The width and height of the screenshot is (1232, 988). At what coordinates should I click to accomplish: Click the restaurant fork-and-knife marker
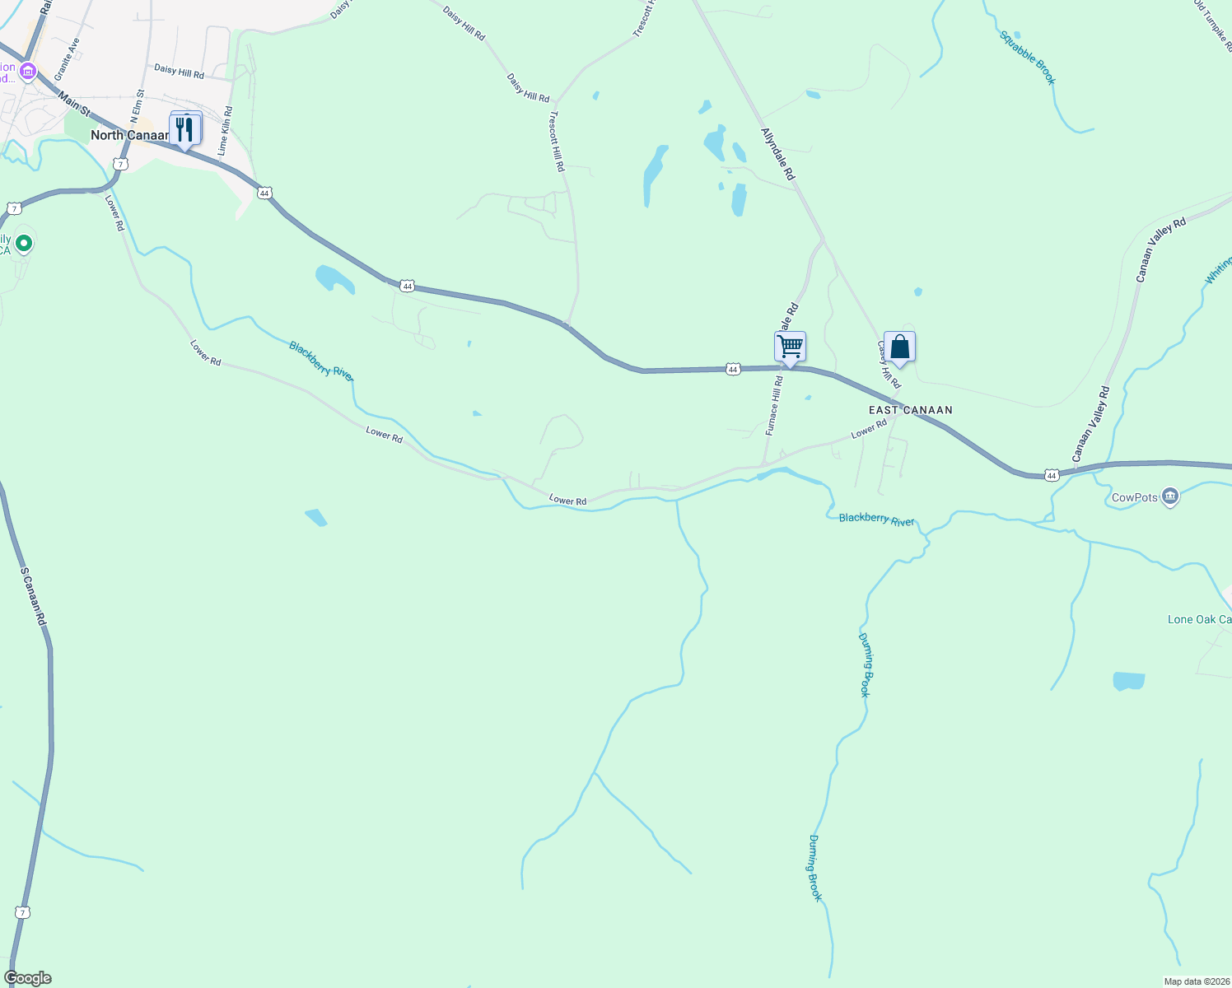pos(184,129)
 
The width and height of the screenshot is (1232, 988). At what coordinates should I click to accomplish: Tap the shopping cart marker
pos(790,347)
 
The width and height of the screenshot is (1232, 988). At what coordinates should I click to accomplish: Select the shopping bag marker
pos(899,347)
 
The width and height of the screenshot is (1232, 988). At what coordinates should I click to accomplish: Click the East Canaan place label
pos(910,410)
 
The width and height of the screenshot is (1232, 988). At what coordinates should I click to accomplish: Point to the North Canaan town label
pos(129,135)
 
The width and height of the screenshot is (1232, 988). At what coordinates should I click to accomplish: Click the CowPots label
pos(1134,497)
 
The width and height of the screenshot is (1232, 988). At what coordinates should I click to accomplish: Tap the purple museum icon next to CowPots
pos(1170,496)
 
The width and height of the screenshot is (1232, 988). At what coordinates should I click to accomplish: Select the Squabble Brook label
pos(1027,58)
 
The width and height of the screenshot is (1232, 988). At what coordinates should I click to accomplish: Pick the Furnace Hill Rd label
pos(773,406)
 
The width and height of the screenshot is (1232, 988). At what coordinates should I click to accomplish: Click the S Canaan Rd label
pos(32,596)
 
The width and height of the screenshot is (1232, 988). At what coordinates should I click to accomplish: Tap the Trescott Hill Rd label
pos(558,141)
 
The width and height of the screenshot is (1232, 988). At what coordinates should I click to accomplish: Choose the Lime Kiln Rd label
pos(225,131)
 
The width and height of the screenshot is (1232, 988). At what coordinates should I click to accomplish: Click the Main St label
pos(74,104)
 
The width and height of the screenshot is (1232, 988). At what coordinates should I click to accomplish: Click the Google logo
pos(27,978)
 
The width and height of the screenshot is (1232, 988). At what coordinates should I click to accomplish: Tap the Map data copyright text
pos(1196,981)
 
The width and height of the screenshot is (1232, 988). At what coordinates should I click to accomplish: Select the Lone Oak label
pos(1199,619)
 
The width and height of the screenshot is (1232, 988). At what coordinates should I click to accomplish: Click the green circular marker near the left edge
pos(24,243)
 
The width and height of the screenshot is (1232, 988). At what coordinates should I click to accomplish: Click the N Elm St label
pos(137,106)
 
